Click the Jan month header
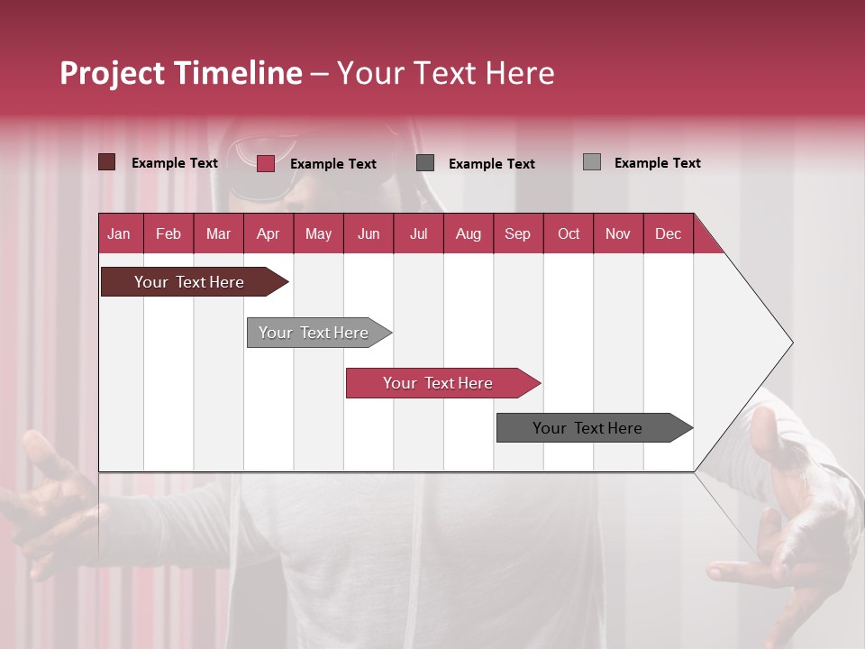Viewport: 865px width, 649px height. click(x=120, y=233)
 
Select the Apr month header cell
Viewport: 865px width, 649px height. click(x=269, y=233)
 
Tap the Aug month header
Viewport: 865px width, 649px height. click(x=469, y=233)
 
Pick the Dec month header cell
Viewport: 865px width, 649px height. click(x=669, y=233)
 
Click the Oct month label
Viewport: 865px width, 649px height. click(x=569, y=233)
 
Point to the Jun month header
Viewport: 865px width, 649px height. click(x=369, y=233)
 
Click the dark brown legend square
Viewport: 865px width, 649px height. click(x=106, y=162)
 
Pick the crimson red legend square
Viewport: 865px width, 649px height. click(x=265, y=163)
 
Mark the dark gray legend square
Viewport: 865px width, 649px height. click(x=425, y=162)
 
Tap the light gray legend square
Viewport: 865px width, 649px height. click(x=591, y=162)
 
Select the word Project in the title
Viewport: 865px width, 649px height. click(x=112, y=73)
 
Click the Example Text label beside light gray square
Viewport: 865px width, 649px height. click(x=657, y=163)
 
